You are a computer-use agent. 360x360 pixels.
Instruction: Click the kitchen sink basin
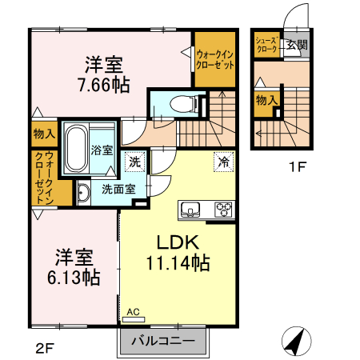point(192,210)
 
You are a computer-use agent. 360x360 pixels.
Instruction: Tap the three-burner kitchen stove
point(222,210)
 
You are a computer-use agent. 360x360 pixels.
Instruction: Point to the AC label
point(133,312)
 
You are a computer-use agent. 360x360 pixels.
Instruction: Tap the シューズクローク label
point(266,45)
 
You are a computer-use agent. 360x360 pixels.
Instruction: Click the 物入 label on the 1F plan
point(266,101)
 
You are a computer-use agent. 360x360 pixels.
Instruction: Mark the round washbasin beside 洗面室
point(82,192)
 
